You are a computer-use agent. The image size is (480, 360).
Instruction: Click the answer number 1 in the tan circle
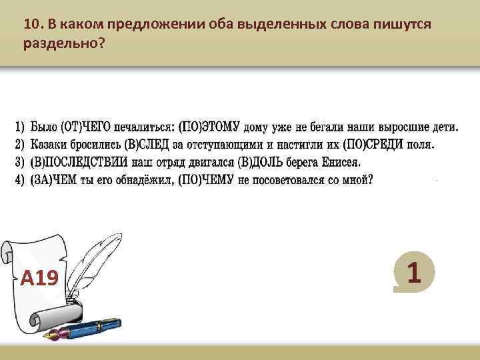tap(414, 272)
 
